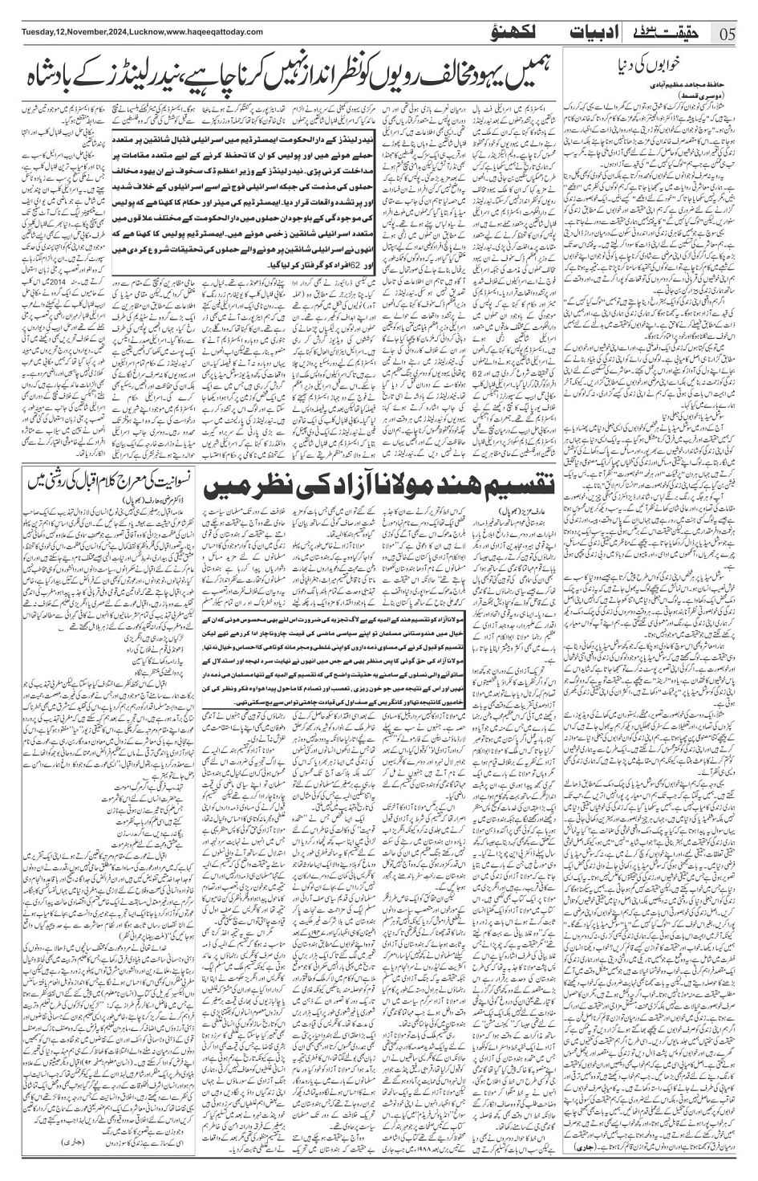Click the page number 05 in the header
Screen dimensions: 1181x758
tap(729, 34)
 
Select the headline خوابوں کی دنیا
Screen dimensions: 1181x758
tap(653, 65)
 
